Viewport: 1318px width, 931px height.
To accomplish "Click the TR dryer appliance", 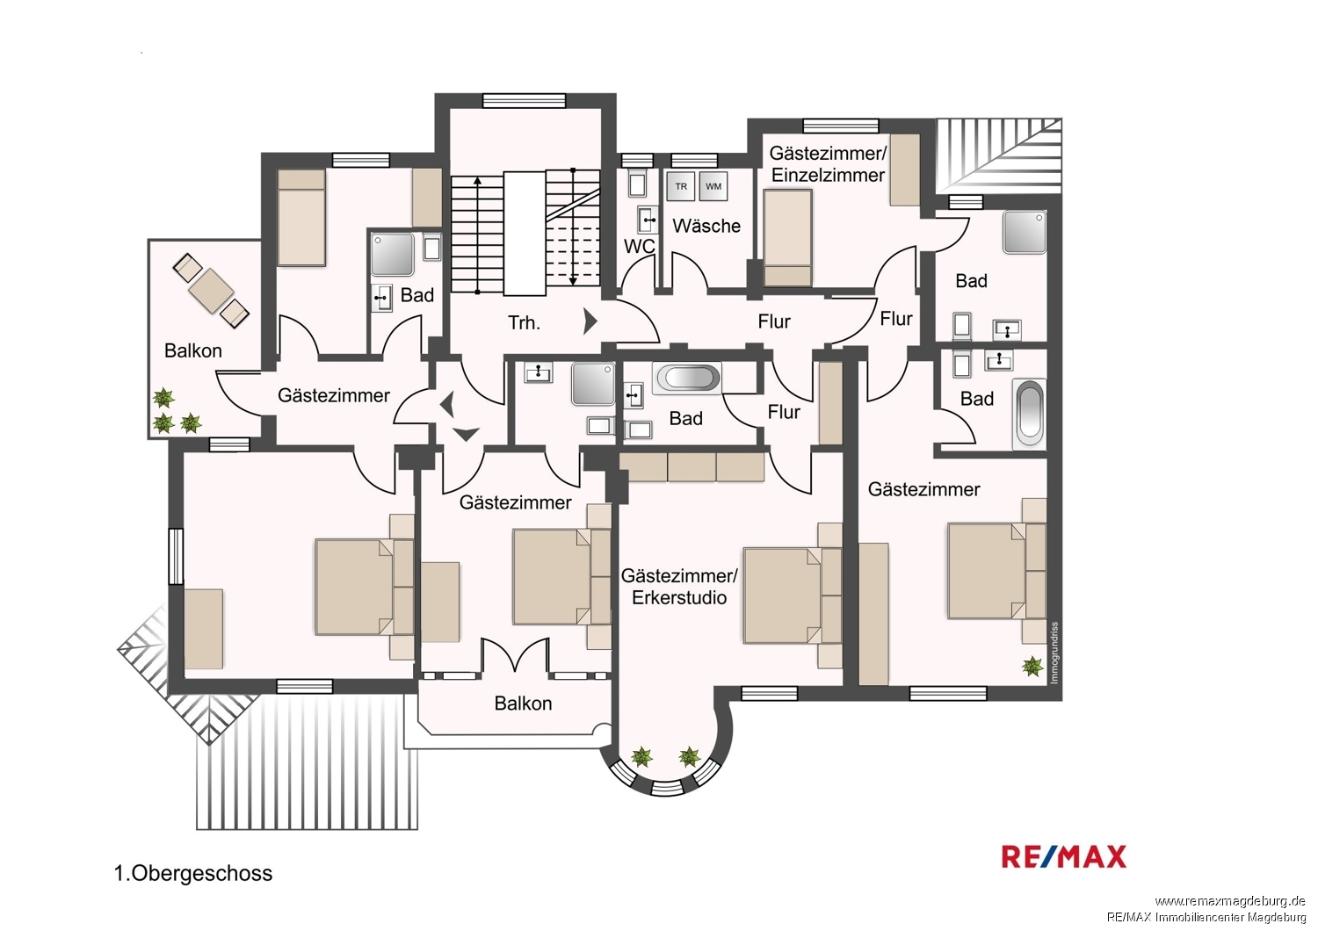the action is pyautogui.click(x=681, y=186).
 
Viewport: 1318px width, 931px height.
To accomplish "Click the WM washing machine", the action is pyautogui.click(x=713, y=186).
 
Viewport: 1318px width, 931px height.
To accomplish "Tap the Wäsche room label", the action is pyautogui.click(x=706, y=226).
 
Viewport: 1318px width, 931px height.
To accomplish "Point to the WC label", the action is pyautogui.click(x=639, y=246).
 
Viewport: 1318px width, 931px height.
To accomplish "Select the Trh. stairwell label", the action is pyautogui.click(x=524, y=322).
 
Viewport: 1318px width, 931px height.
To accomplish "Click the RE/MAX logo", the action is pyautogui.click(x=1064, y=857).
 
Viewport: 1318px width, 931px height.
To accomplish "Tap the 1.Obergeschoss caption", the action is pyautogui.click(x=193, y=873).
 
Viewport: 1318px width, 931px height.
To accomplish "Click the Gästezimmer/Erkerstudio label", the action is pyautogui.click(x=679, y=587).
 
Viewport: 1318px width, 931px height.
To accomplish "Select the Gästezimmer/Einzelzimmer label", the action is pyautogui.click(x=828, y=164).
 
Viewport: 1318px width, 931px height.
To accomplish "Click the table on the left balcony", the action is pyautogui.click(x=211, y=290).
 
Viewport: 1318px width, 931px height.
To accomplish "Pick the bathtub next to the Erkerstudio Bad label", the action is pyautogui.click(x=686, y=378).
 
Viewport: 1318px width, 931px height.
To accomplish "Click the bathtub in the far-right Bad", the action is pyautogui.click(x=1029, y=414).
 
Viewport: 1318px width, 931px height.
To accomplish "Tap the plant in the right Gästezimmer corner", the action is pyautogui.click(x=1032, y=667).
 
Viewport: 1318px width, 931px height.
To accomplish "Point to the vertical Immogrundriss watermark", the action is pyautogui.click(x=1054, y=653).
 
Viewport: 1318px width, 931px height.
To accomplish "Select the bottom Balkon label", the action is pyautogui.click(x=523, y=704).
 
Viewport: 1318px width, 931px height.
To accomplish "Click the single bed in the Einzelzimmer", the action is pyautogui.click(x=788, y=238).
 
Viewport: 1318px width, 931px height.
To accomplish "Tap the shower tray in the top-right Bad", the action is pyautogui.click(x=1025, y=232).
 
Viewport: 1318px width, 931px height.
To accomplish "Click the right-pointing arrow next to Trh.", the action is pyautogui.click(x=590, y=321).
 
